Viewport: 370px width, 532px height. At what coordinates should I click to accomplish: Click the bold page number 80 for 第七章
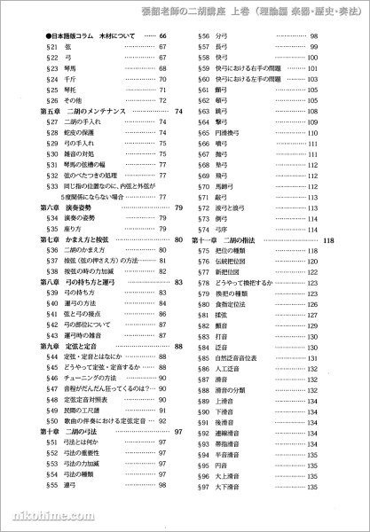178,239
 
